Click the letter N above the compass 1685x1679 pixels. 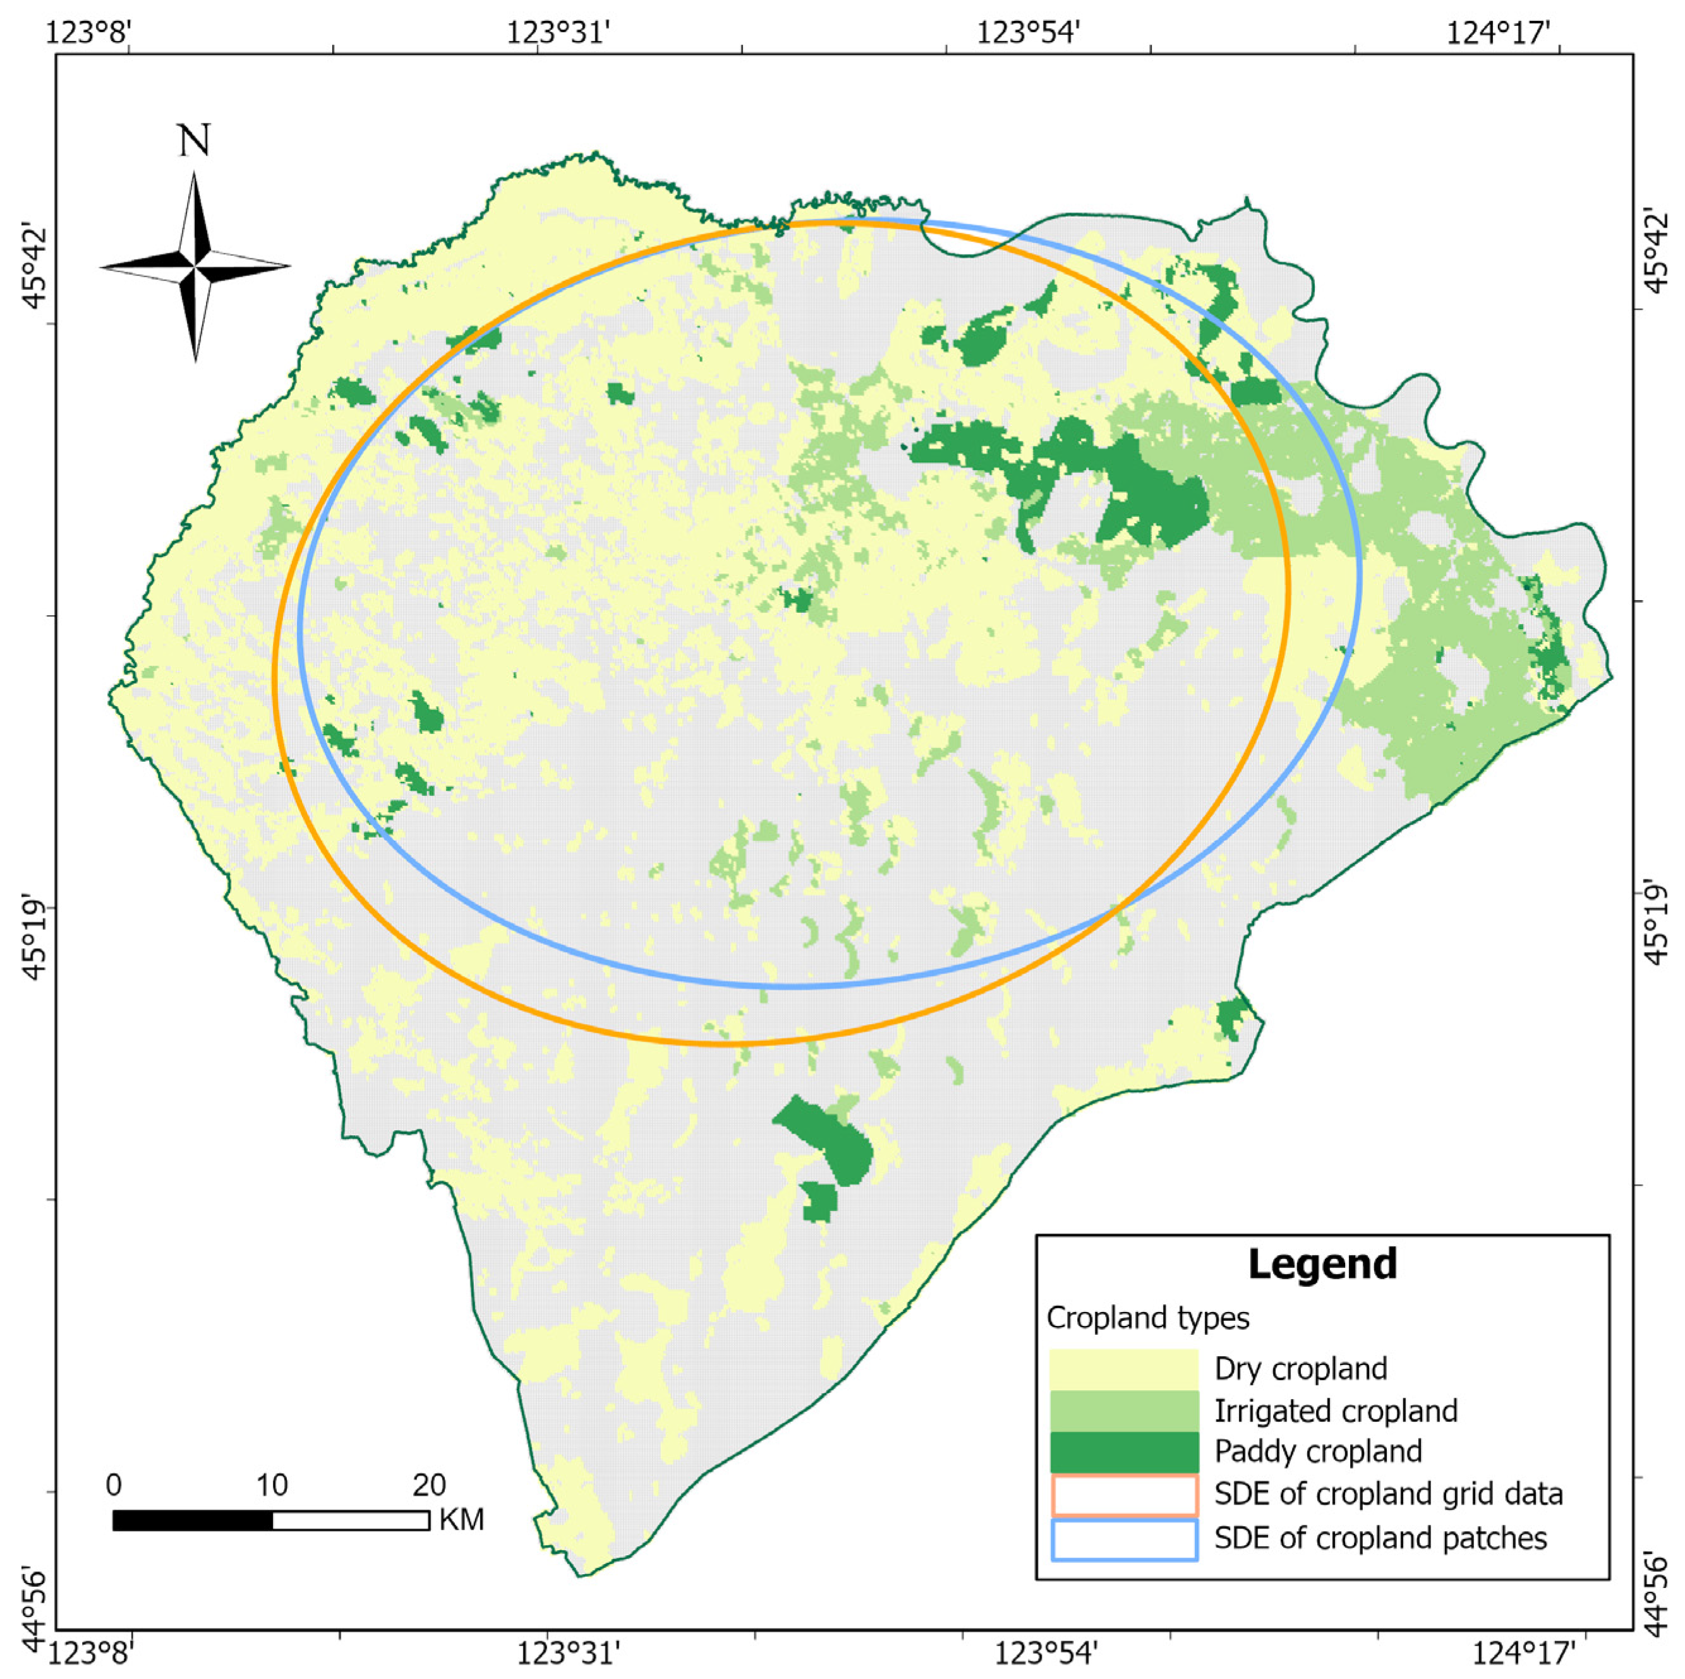coord(193,140)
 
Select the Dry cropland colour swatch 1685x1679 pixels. coord(1123,1368)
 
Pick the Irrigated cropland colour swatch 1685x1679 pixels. coord(1123,1411)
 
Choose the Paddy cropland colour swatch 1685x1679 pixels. coord(1123,1452)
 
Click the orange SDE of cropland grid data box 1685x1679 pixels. coord(1123,1494)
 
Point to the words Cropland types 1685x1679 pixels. coord(1148,1318)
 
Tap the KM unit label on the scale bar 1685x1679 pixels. coord(461,1519)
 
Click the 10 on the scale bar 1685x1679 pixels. coord(271,1484)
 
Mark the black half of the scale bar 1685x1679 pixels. coord(193,1520)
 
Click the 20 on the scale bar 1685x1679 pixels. coord(428,1484)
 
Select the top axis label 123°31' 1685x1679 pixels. coord(558,33)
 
